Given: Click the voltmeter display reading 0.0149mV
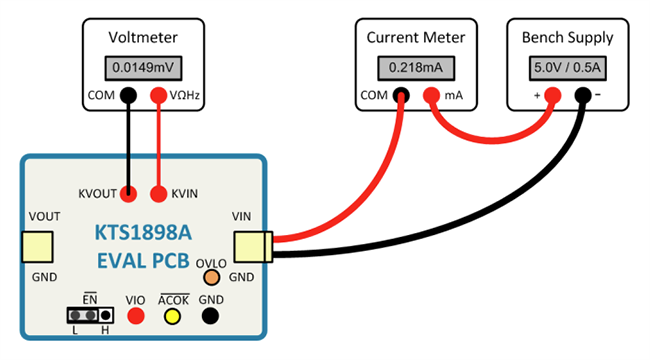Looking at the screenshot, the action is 143,68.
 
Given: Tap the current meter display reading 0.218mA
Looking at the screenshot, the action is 416,68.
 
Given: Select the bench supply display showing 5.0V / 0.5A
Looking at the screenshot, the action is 568,68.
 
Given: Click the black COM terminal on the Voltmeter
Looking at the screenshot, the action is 128,95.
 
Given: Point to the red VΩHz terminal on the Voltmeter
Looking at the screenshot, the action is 158,95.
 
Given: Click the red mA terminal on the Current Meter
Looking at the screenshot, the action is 431,95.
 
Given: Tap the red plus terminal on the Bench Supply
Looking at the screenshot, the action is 553,95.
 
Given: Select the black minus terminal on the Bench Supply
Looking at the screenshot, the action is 583,95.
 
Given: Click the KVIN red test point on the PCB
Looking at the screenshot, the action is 158,194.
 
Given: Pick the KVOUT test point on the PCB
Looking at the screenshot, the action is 128,194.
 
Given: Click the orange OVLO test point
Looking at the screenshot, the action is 211,277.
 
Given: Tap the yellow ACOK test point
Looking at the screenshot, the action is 172,316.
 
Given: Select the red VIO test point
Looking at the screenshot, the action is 136,316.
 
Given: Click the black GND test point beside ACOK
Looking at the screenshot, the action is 210,316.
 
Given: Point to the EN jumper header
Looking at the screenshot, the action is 90,316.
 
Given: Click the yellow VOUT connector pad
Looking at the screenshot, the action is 37,247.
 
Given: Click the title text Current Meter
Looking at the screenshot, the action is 416,38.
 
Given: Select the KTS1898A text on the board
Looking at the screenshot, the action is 143,233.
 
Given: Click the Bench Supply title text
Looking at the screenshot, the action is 568,38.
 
